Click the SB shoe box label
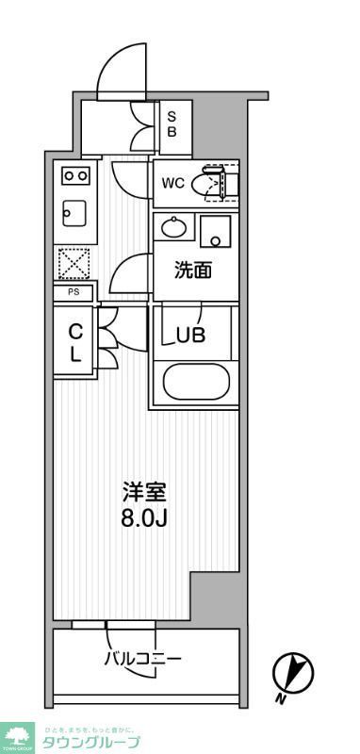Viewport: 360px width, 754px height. click(x=172, y=124)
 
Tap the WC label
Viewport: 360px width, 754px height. click(x=172, y=183)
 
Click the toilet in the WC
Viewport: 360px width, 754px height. click(x=208, y=183)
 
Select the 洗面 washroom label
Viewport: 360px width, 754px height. click(x=193, y=270)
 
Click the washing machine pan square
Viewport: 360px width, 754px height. click(x=217, y=230)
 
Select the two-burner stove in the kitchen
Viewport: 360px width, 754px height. click(x=75, y=175)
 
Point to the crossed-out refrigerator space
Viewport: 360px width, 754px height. click(x=74, y=263)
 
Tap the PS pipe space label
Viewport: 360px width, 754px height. click(x=73, y=293)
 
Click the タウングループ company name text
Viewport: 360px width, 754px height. click(x=91, y=742)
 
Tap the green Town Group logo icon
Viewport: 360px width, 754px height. click(x=17, y=735)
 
